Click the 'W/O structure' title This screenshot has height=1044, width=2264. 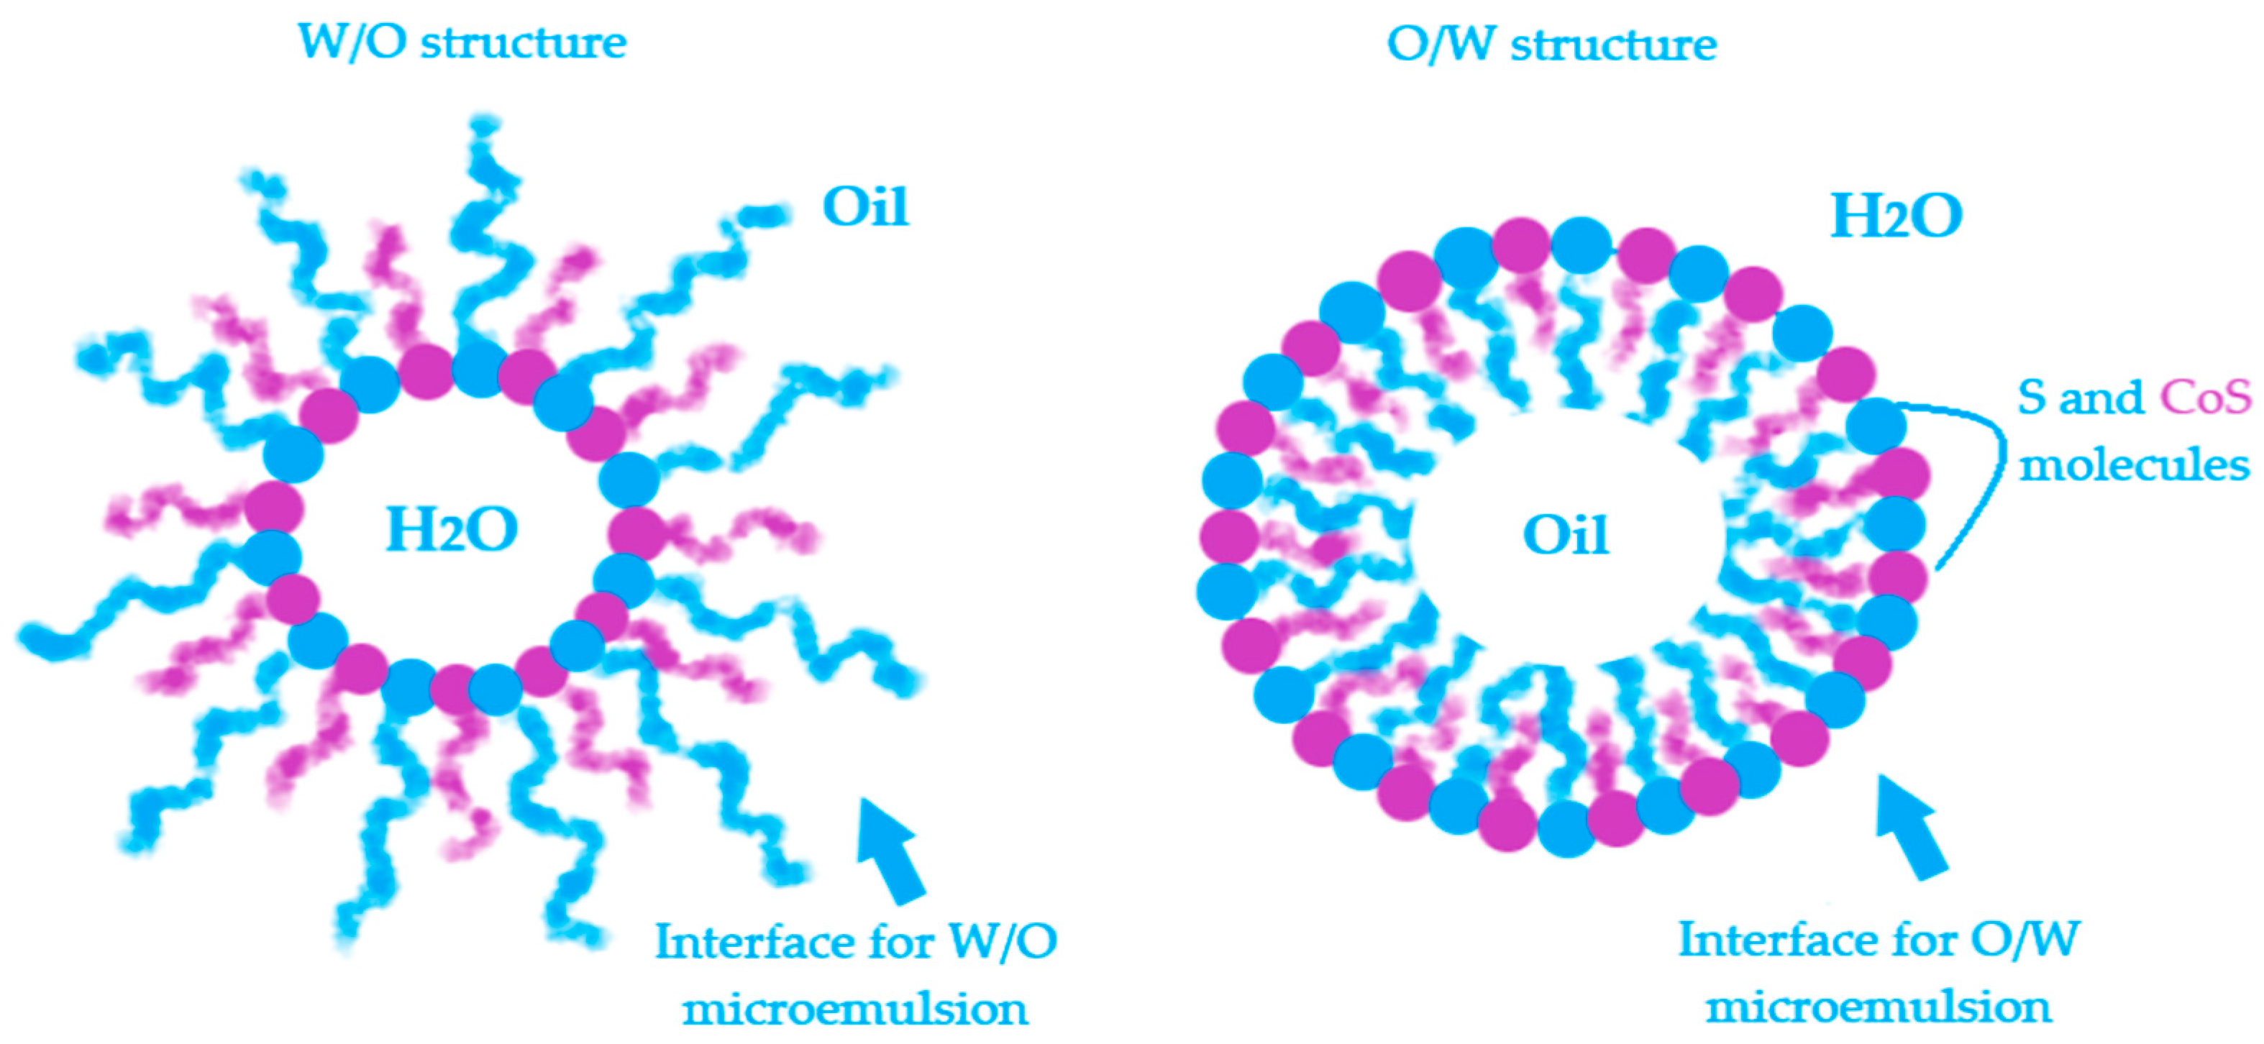click(x=462, y=42)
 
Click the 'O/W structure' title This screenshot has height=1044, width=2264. click(x=1551, y=44)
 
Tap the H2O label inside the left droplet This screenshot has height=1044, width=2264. click(x=452, y=530)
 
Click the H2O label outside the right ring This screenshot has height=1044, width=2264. click(x=1896, y=216)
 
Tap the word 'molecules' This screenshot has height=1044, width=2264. click(x=2134, y=464)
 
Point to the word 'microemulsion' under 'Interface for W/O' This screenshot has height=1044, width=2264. click(x=855, y=1009)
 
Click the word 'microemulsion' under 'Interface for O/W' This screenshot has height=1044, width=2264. click(x=1879, y=1007)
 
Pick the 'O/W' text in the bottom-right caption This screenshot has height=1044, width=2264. click(x=2025, y=940)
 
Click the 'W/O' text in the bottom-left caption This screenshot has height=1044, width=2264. click(x=1003, y=943)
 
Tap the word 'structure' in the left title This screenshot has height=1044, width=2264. click(x=524, y=42)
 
